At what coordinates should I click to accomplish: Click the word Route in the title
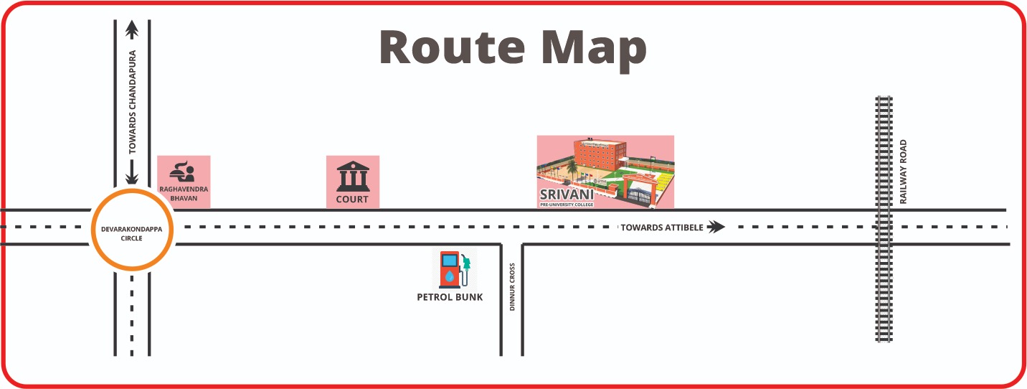tap(448, 49)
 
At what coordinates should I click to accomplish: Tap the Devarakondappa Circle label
tap(131, 234)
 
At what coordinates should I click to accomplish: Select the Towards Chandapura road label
tap(132, 102)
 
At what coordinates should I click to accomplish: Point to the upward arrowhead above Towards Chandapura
tap(132, 29)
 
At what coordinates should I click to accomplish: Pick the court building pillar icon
tap(352, 176)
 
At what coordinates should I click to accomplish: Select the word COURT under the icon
tap(352, 200)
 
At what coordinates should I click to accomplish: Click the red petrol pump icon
tap(450, 269)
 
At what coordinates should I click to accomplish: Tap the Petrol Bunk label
tap(450, 297)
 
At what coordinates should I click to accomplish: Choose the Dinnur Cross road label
tap(512, 286)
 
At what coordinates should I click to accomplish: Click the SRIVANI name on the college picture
tap(567, 195)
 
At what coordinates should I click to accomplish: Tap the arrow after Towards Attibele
tap(716, 228)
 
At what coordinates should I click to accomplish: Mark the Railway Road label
tap(904, 172)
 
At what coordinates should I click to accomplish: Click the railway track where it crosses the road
tap(883, 227)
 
